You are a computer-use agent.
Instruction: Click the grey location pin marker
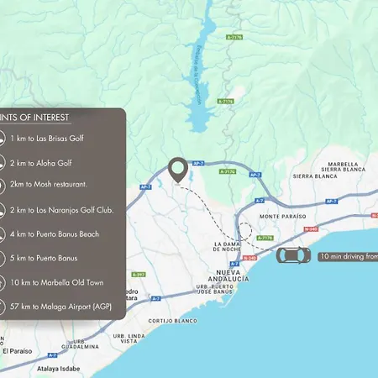pyautogui.click(x=178, y=170)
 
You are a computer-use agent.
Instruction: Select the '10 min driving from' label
pyautogui.click(x=348, y=256)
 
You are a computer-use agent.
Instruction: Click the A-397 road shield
pyautogui.click(x=139, y=274)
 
